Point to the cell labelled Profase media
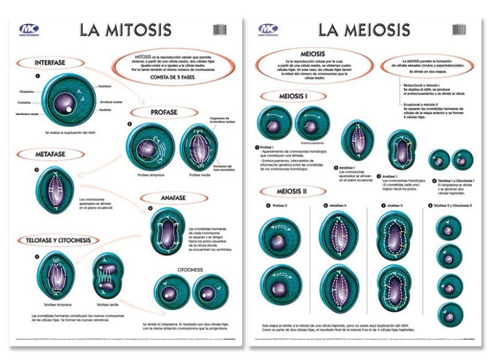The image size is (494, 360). coord(199,146)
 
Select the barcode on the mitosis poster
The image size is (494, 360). coord(219,29)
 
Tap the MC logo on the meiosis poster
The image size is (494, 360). coord(268,29)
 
